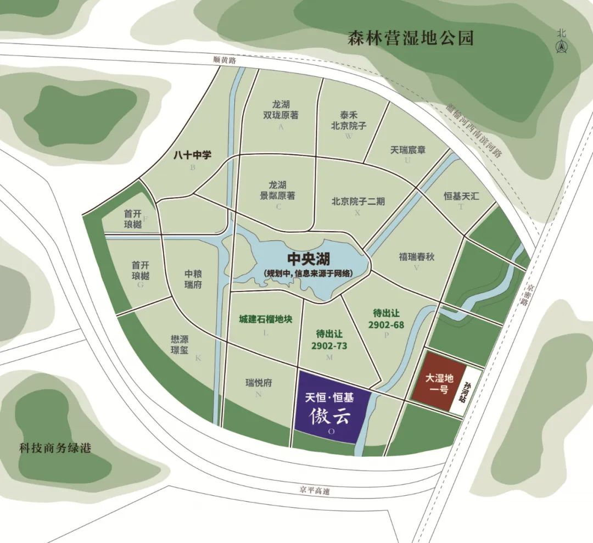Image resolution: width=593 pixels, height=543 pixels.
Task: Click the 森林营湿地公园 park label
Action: pos(411,39)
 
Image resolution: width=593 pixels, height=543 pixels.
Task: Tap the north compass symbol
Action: pos(561,43)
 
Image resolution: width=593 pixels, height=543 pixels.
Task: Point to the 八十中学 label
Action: pos(192,155)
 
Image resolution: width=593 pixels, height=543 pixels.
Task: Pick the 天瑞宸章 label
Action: pos(408,149)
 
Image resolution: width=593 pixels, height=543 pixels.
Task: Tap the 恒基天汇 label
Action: pos(461,195)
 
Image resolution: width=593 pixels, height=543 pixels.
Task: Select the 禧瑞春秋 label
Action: pos(416,256)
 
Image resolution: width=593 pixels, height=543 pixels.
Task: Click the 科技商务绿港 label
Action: pos(53,448)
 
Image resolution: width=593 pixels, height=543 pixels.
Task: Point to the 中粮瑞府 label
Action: pos(193,280)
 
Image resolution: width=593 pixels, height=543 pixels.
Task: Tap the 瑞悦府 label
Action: pos(259,383)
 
